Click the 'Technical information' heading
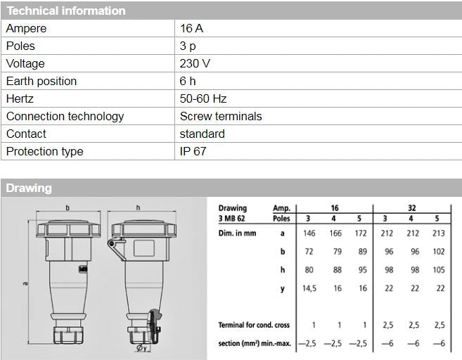[x=66, y=11]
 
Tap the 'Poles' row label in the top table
[x=20, y=46]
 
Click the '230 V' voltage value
[x=195, y=64]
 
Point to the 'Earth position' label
[x=41, y=82]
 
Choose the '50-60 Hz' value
[x=203, y=99]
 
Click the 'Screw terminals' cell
[x=221, y=117]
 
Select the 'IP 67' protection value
[x=193, y=152]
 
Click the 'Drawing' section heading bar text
[x=29, y=188]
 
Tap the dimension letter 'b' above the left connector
[x=68, y=208]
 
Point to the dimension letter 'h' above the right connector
[x=138, y=208]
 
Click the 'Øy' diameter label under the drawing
[x=141, y=347]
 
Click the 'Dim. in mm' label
[x=236, y=233]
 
